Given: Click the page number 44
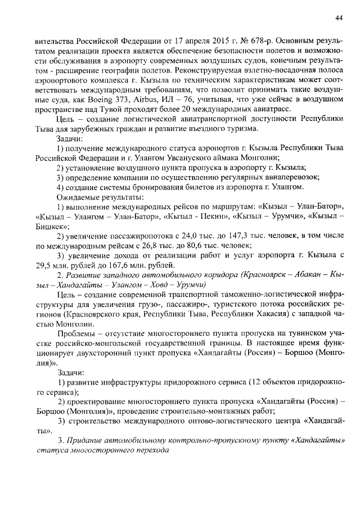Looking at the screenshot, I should point(339,17).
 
